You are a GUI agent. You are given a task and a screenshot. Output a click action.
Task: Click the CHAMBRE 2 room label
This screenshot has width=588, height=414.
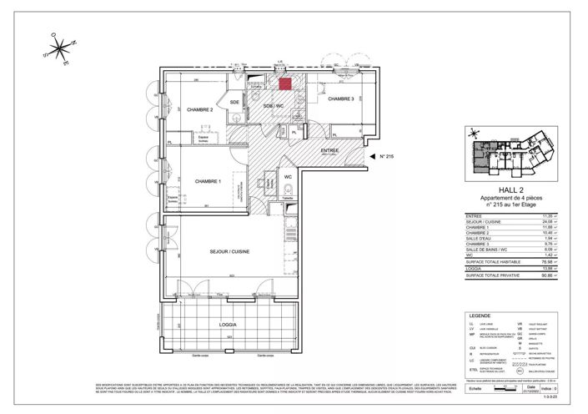[200, 109]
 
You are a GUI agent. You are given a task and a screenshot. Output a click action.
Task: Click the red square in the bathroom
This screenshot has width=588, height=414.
[284, 83]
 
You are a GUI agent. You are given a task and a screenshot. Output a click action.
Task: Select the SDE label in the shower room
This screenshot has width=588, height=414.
[236, 102]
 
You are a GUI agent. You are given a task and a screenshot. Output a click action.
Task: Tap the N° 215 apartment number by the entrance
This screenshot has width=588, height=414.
[386, 156]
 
